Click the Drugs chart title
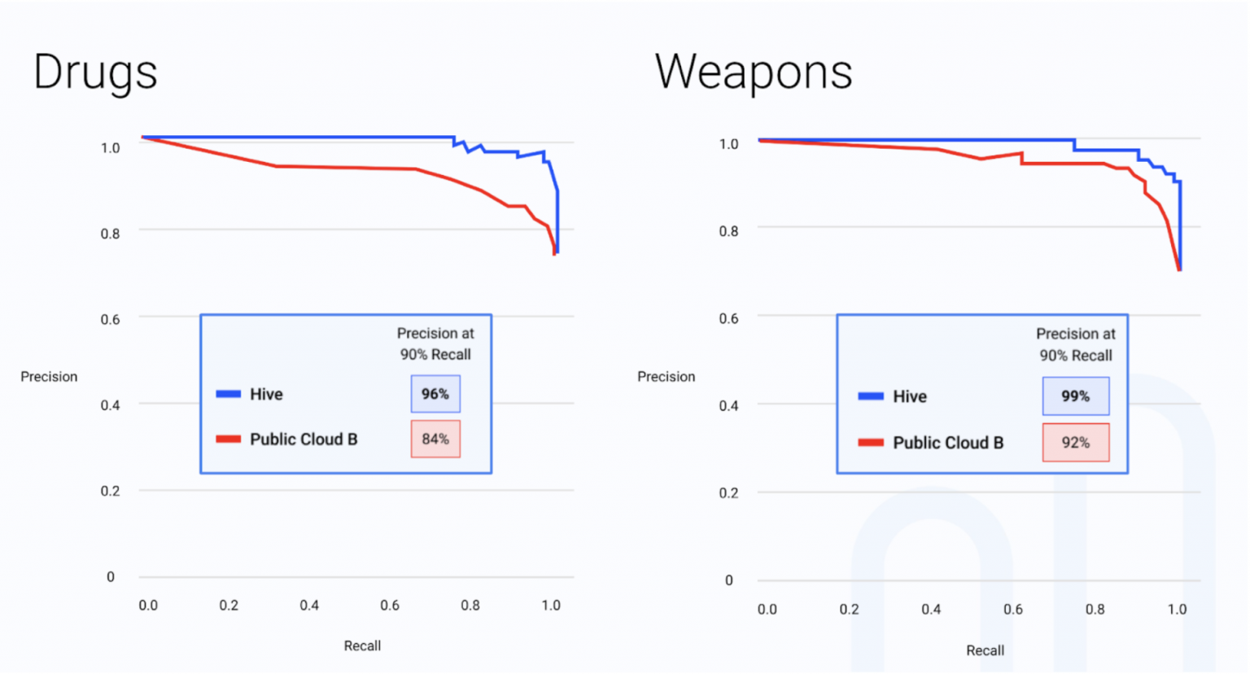click(x=95, y=72)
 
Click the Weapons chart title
click(x=754, y=72)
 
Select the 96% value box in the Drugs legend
click(x=435, y=394)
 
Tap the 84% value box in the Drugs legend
click(x=435, y=440)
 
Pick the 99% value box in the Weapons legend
click(x=1075, y=396)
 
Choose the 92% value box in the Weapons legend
click(x=1075, y=443)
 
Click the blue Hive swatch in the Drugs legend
click(x=229, y=394)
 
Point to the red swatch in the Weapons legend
click(x=871, y=443)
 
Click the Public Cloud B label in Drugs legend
click(x=304, y=440)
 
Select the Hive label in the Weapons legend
click(x=910, y=396)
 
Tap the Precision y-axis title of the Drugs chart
click(x=49, y=377)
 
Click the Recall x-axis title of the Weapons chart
click(x=985, y=650)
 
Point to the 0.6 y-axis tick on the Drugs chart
click(x=111, y=319)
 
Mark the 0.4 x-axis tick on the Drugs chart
click(x=309, y=606)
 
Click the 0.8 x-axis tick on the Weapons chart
click(x=1095, y=610)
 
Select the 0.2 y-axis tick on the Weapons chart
click(x=729, y=493)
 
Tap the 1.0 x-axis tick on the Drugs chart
click(x=551, y=606)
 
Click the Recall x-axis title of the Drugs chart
click(x=362, y=646)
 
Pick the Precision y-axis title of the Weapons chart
click(x=666, y=377)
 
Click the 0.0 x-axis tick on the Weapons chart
click(x=767, y=610)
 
